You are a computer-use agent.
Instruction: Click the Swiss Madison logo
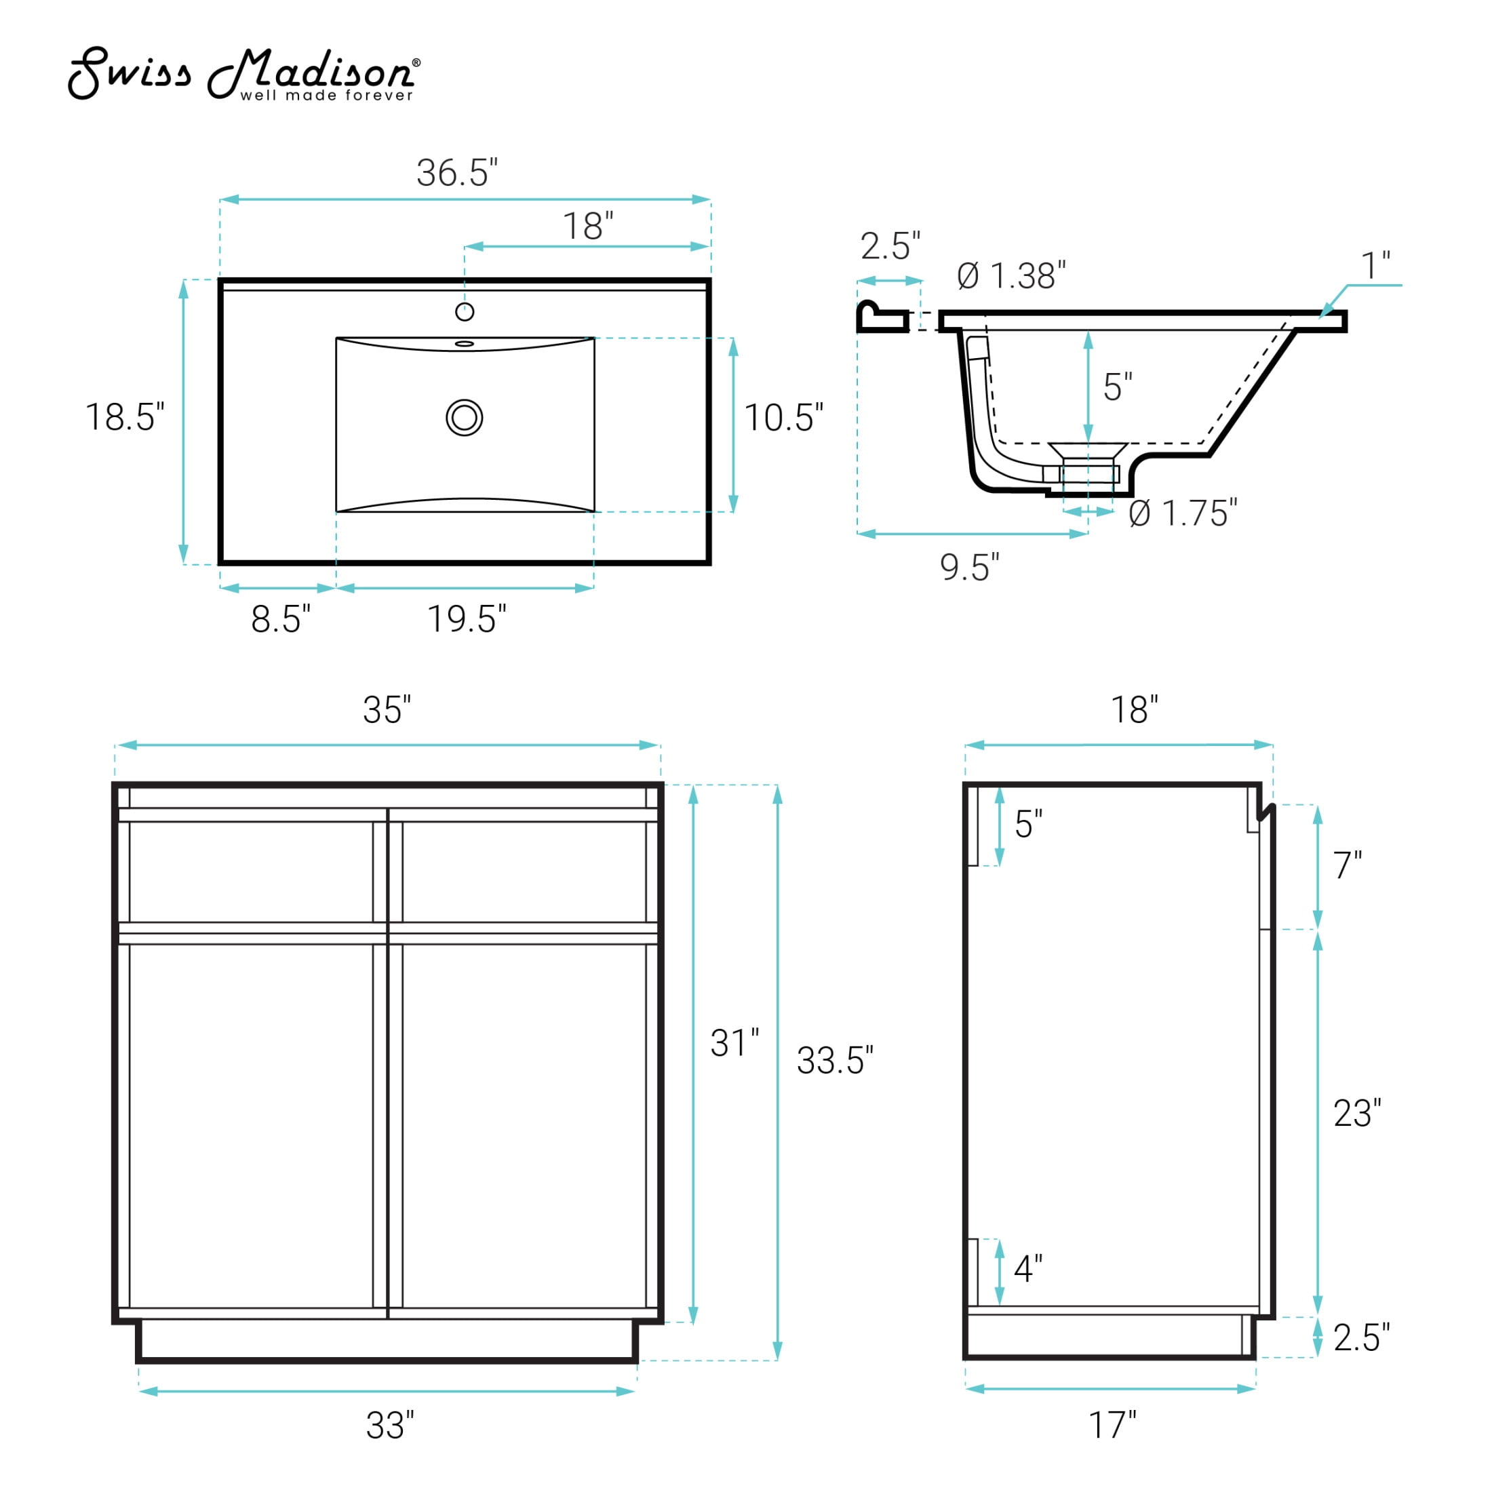tap(244, 74)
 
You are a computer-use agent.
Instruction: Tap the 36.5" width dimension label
tap(457, 172)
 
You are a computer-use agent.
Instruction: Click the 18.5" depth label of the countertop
tap(125, 417)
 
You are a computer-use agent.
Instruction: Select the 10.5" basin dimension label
tap(784, 418)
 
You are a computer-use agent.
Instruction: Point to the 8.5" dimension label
tap(281, 619)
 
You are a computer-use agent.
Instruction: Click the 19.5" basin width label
tap(467, 619)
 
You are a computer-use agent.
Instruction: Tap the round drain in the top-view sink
tap(464, 418)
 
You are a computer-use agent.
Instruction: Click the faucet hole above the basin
tap(464, 311)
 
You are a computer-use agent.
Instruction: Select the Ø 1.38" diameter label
tap(1012, 276)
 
